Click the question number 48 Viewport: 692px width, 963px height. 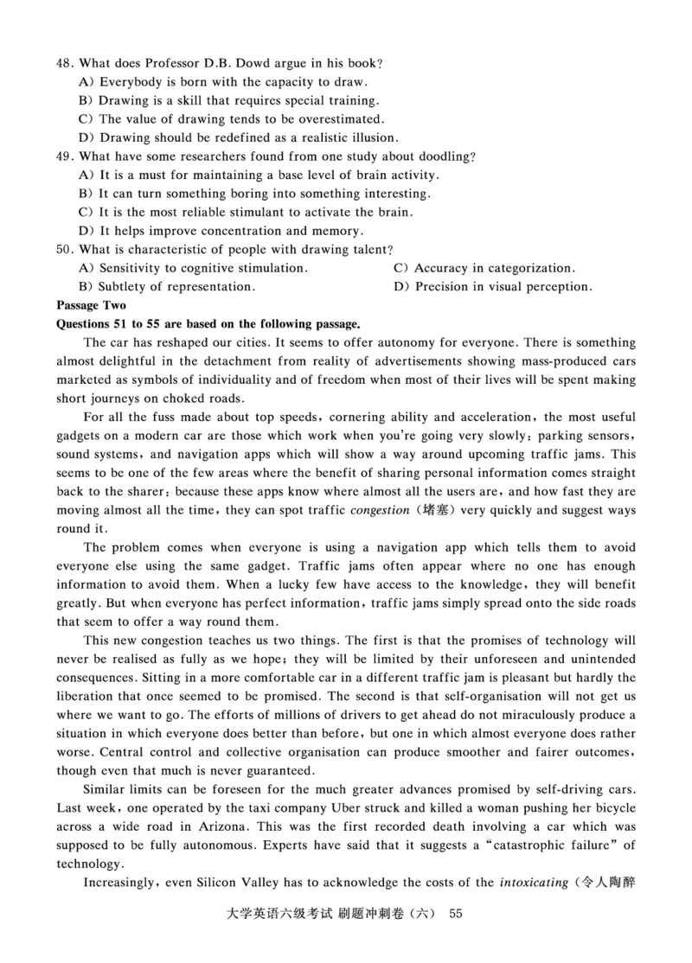tap(64, 64)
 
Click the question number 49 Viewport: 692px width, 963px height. tap(64, 157)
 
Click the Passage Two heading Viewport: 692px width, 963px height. tap(91, 306)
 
